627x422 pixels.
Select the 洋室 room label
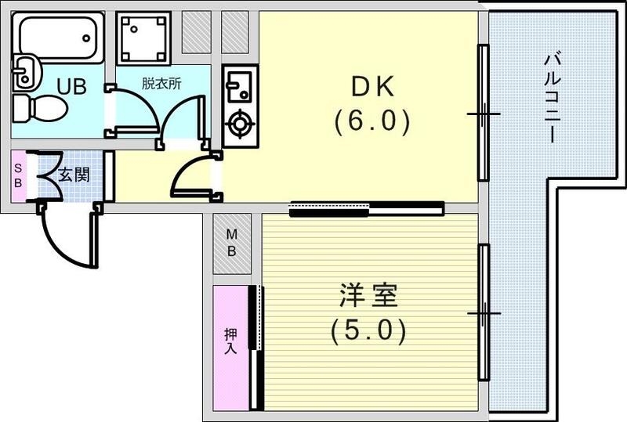[369, 297]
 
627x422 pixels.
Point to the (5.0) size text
[369, 331]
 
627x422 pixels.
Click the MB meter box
[233, 243]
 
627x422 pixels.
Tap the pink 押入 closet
[230, 347]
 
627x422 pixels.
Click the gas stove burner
[237, 124]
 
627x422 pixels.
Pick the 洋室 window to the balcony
[484, 313]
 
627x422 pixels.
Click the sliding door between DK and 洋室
[366, 208]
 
